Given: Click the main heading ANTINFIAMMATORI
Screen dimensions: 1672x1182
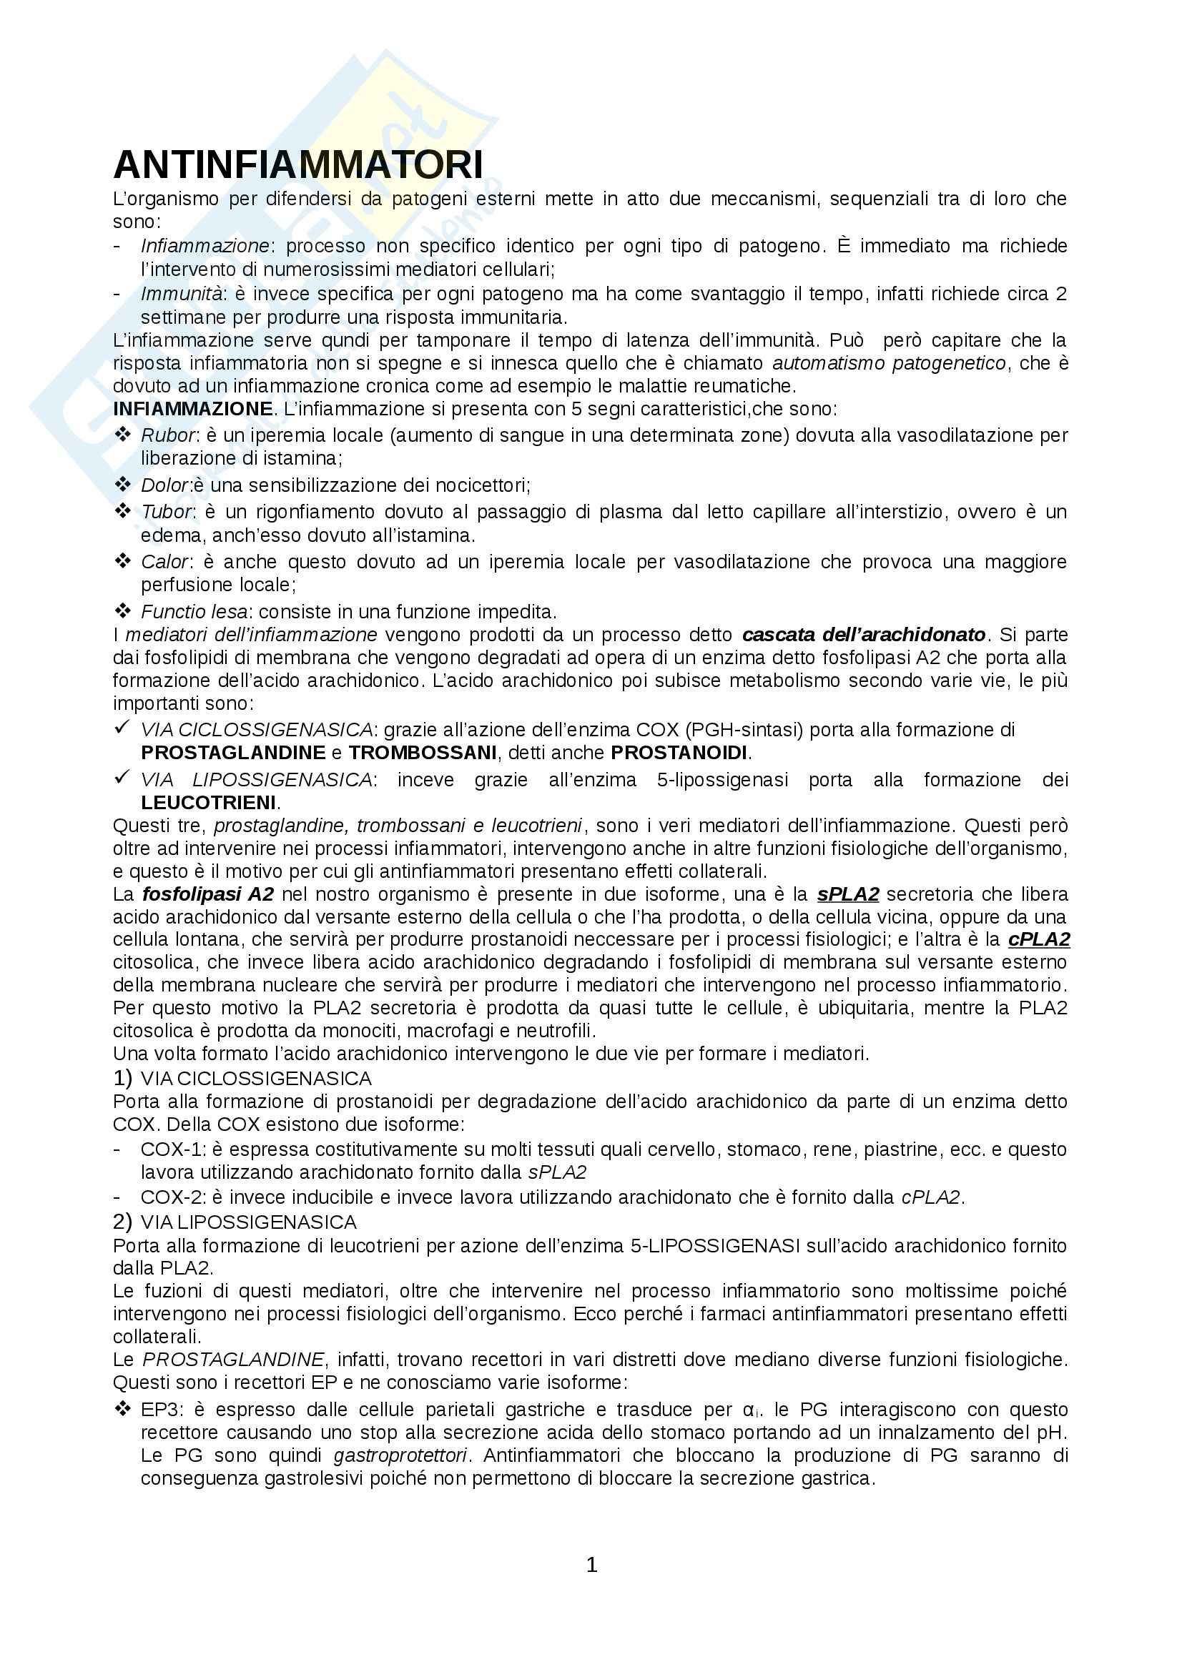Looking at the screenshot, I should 298,164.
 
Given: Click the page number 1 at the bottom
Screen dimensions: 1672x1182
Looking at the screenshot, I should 591,1564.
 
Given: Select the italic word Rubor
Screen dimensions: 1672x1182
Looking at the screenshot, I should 167,435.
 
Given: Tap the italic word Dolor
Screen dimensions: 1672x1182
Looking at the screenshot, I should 165,485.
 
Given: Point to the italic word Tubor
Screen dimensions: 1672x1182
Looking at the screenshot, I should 167,512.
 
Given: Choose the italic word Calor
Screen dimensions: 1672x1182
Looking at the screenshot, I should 165,561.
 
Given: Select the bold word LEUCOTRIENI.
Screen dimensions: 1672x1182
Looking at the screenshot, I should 209,803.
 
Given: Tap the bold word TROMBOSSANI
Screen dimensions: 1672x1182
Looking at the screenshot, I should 423,752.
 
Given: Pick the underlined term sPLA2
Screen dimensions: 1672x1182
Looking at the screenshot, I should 848,894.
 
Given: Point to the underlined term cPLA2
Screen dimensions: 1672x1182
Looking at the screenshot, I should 1038,939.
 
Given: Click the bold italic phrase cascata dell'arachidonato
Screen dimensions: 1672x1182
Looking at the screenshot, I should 864,634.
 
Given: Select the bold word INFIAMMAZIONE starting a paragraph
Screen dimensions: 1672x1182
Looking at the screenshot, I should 192,409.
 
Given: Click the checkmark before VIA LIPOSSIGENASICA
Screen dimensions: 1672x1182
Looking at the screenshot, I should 122,778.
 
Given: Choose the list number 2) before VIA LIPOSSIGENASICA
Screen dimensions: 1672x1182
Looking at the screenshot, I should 122,1221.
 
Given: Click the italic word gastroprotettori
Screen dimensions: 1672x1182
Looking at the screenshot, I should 400,1455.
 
